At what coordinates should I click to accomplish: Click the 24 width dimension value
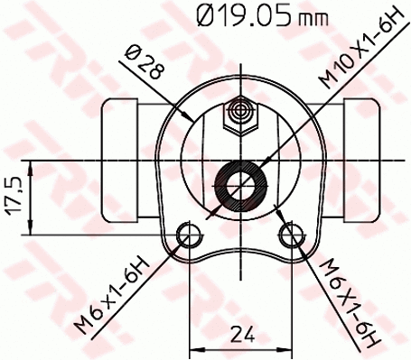tap(239, 335)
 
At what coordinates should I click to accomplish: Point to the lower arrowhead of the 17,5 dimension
tap(33, 229)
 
